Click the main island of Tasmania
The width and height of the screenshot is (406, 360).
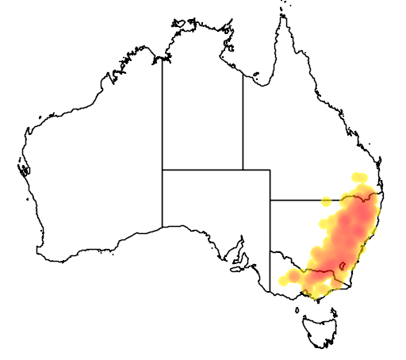[321, 330]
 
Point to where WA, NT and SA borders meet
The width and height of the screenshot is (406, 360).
[163, 169]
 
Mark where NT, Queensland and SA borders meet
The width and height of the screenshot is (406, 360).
[243, 169]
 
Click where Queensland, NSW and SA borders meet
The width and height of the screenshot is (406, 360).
[270, 200]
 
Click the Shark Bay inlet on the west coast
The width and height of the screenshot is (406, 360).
[25, 169]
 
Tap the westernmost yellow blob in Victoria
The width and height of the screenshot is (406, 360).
[285, 280]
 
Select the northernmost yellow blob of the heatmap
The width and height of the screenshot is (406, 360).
[358, 176]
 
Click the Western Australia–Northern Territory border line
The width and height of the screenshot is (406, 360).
[163, 111]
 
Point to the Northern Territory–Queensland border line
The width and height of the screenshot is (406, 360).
[243, 119]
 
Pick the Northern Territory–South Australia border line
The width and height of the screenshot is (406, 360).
[202, 169]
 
